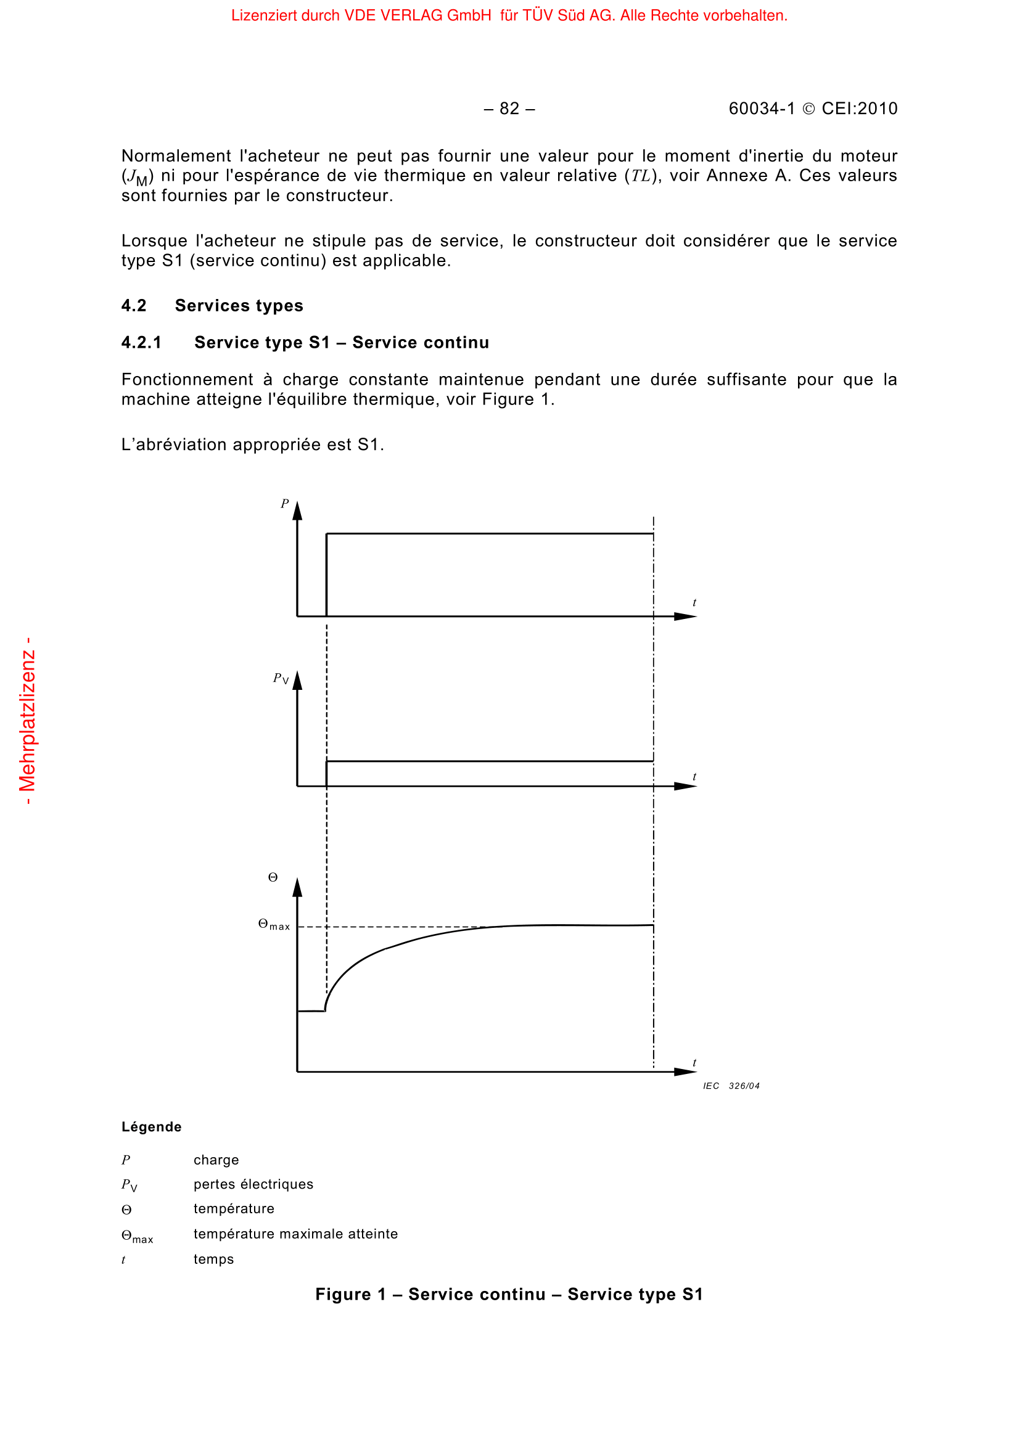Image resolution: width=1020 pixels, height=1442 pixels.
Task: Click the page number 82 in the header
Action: tap(509, 109)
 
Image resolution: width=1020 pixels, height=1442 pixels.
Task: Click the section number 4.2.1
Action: tap(141, 342)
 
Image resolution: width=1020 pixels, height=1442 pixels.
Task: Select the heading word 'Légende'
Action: tap(151, 1127)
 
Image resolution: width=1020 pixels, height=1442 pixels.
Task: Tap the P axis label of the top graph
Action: tap(284, 504)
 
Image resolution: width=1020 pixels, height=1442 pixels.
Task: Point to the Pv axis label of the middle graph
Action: tap(281, 678)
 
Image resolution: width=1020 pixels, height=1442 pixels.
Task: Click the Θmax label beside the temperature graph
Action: tap(274, 925)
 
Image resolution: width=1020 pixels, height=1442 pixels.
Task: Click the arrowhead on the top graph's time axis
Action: tap(686, 617)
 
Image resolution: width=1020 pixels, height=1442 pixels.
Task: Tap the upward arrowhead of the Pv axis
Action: tap(298, 681)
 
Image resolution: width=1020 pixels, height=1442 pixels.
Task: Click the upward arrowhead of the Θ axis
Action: tap(298, 887)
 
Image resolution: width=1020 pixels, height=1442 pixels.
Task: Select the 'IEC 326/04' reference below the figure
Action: tap(731, 1086)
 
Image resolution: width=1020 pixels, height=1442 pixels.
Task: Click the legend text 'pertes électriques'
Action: tap(253, 1184)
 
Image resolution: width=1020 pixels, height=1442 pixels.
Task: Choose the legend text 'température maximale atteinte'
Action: tap(295, 1234)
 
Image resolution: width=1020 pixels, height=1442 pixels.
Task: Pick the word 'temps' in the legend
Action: tap(213, 1259)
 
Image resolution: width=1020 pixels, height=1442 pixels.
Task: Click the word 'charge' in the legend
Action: tap(216, 1160)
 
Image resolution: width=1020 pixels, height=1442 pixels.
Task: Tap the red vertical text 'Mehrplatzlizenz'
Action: tap(28, 721)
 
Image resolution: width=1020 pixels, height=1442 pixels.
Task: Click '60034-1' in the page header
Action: tap(761, 109)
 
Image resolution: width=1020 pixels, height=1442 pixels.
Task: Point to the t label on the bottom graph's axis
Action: tap(694, 1063)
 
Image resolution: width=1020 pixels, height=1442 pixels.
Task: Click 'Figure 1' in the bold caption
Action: tap(350, 1295)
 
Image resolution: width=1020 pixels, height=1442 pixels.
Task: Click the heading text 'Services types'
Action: tap(239, 306)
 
